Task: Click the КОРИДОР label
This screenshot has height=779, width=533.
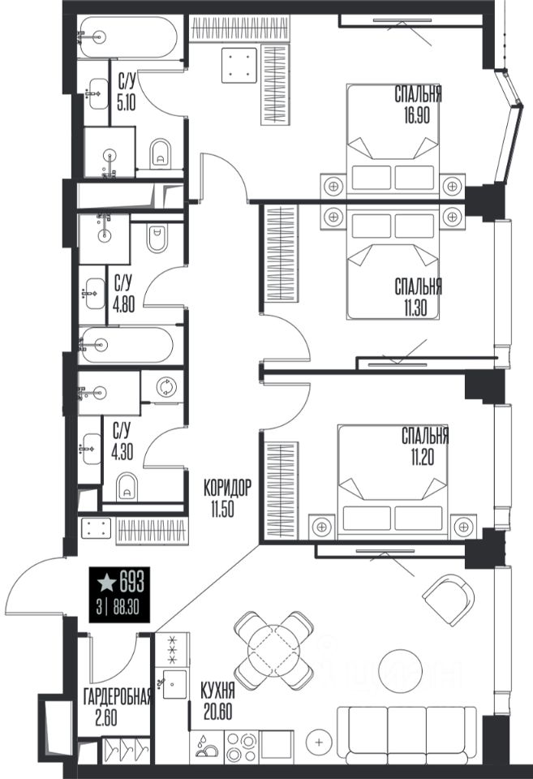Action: click(227, 488)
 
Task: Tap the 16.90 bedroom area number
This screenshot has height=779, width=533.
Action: click(417, 115)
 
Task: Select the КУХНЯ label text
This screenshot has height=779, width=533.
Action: click(217, 691)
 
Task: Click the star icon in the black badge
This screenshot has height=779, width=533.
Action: click(106, 583)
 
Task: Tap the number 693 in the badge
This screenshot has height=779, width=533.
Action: click(132, 582)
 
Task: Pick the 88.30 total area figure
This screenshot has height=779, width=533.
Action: click(127, 608)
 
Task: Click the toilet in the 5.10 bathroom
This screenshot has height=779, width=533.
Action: click(160, 153)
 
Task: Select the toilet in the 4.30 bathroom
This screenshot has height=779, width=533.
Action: click(127, 487)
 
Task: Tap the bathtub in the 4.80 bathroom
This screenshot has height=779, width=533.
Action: click(127, 344)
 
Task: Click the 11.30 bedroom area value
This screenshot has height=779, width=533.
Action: click(415, 308)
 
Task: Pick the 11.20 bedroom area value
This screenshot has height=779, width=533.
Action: click(422, 457)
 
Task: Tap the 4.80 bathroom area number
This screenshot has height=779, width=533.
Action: click(123, 303)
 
